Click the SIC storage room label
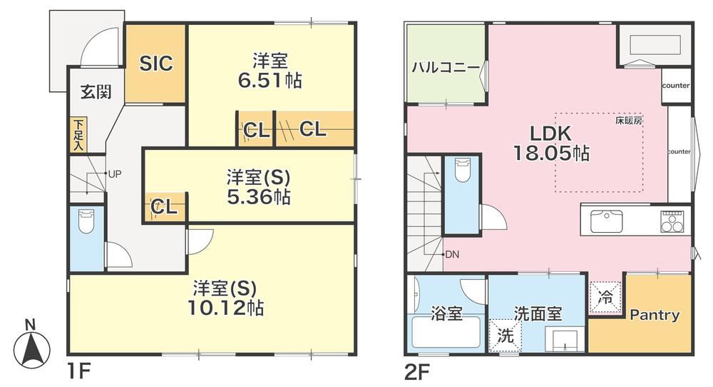coord(156,64)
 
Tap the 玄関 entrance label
coord(96,92)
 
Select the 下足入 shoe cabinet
coord(78,135)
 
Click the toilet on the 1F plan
coord(86,221)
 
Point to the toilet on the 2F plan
coord(462,170)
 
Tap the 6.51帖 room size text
coord(270,81)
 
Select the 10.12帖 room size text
coord(226,308)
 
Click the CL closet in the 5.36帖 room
coord(164,207)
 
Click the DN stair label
coord(452,254)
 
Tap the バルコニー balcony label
coord(446,69)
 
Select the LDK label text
coord(550,134)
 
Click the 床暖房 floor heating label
coord(629,121)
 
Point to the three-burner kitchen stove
coord(672,222)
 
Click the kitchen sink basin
coord(607,221)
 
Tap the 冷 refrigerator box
coord(605,298)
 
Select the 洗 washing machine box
coord(505,336)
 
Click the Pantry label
coord(655,315)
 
